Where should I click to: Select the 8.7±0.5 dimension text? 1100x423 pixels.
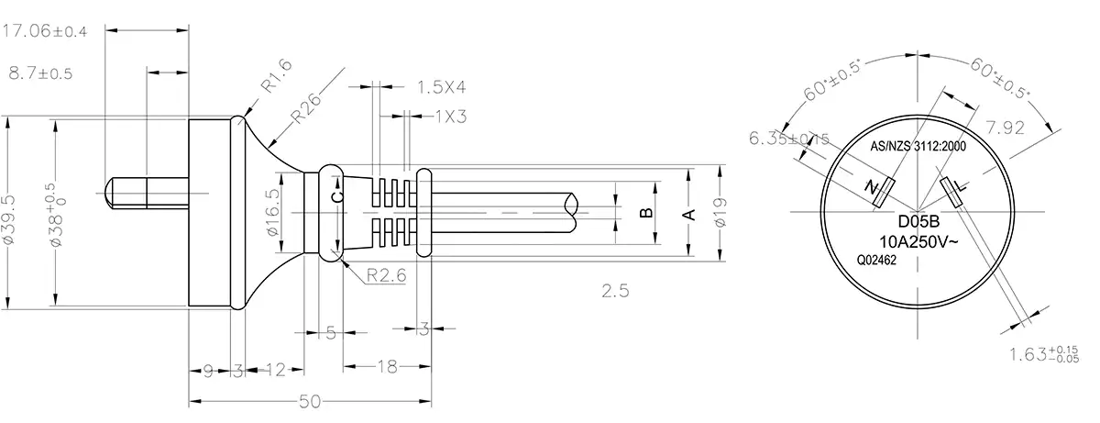point(40,72)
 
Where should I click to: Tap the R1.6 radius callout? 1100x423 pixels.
point(275,78)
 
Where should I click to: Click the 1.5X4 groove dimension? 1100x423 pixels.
point(442,87)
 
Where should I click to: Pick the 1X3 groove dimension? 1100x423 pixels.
point(451,116)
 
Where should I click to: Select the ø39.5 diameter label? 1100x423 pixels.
point(9,217)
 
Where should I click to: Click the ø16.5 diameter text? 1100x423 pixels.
point(272,212)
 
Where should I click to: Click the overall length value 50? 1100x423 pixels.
point(309,402)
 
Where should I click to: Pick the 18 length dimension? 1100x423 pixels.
point(386,367)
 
